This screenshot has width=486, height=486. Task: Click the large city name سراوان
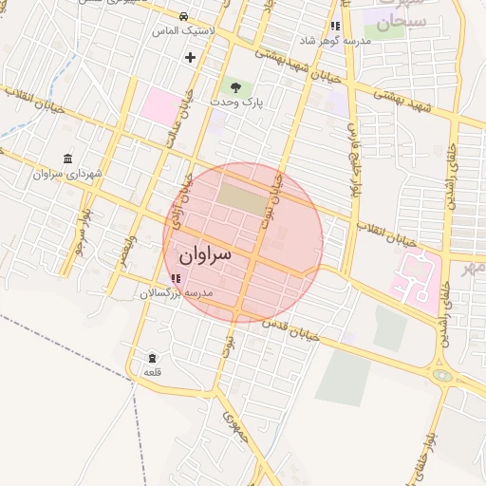click(x=205, y=255)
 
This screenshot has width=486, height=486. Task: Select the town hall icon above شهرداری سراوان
click(x=67, y=159)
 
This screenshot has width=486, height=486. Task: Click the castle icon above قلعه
click(x=153, y=357)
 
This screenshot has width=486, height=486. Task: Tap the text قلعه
click(x=153, y=371)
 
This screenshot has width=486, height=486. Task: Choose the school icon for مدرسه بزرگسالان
click(x=176, y=278)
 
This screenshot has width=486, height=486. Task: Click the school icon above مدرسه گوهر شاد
click(x=335, y=27)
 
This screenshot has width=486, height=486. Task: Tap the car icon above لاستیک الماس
click(x=183, y=17)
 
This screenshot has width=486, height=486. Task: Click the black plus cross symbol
click(x=190, y=57)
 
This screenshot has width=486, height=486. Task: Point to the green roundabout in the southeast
click(x=442, y=375)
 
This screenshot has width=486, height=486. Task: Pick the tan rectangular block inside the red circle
click(x=243, y=196)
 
